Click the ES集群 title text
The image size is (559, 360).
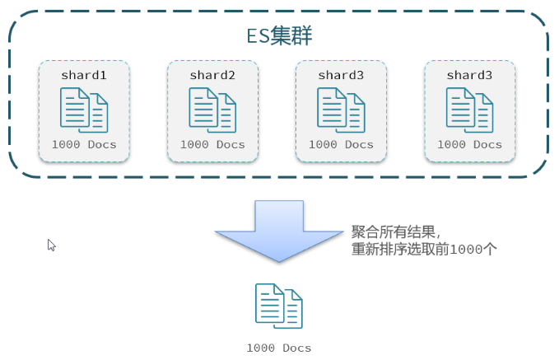pyautogui.click(x=279, y=35)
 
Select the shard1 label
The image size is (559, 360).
pyautogui.click(x=84, y=75)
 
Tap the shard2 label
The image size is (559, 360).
pyautogui.click(x=212, y=75)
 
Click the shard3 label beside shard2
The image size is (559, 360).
pyautogui.click(x=341, y=75)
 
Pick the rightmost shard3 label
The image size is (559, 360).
pyautogui.click(x=469, y=75)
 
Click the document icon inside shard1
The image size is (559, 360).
pyautogui.click(x=84, y=110)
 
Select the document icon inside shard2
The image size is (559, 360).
pyautogui.click(x=212, y=110)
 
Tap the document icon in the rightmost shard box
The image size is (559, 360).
pyautogui.click(x=469, y=110)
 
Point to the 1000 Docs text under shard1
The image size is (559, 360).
pyautogui.click(x=84, y=144)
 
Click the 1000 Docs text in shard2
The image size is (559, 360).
pyautogui.click(x=212, y=144)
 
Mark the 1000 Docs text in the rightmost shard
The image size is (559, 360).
pyautogui.click(x=469, y=144)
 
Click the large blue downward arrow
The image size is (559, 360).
pyautogui.click(x=279, y=231)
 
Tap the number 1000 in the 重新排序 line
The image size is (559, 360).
pyautogui.click(x=466, y=250)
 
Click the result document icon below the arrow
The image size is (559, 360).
pyautogui.click(x=279, y=306)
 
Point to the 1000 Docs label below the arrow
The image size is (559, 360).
pyautogui.click(x=279, y=348)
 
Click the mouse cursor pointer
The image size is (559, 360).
pyautogui.click(x=51, y=245)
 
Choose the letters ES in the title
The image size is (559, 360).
pyautogui.click(x=259, y=36)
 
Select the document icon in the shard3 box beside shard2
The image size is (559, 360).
pyautogui.click(x=341, y=110)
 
